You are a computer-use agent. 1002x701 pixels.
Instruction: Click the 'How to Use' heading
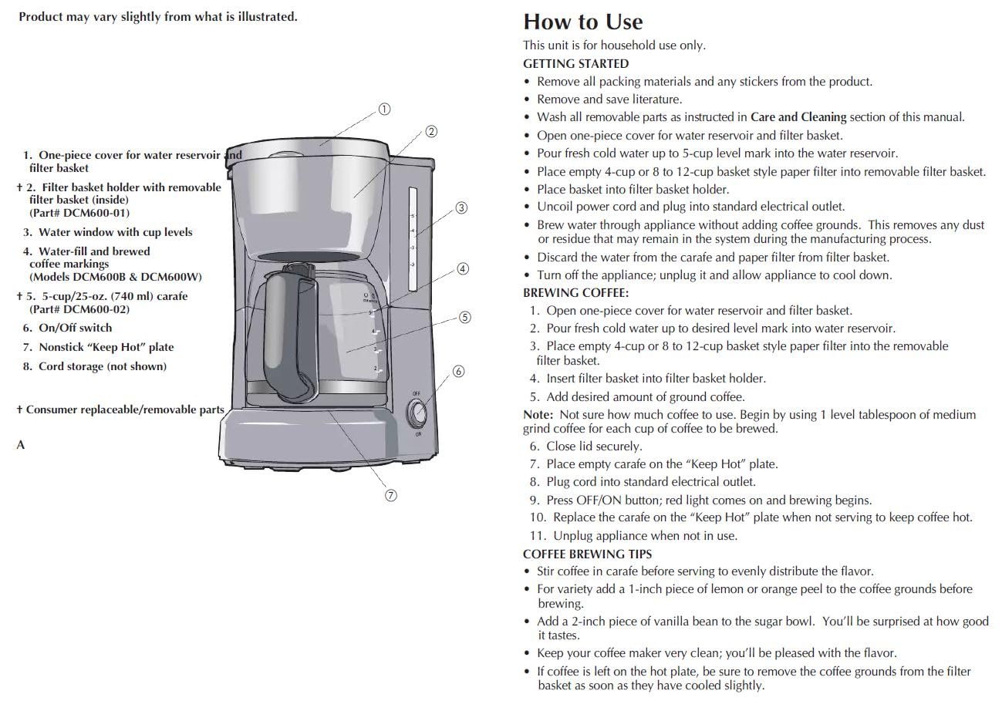(582, 22)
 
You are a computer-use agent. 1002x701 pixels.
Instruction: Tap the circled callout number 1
(383, 109)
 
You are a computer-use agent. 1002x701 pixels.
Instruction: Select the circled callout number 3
(461, 207)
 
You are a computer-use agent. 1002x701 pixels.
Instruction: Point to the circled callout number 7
(391, 495)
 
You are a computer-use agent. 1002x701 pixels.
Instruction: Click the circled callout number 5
(464, 317)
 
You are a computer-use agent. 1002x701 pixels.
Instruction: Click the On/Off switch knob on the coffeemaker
(417, 413)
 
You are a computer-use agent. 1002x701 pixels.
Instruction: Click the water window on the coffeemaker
(412, 239)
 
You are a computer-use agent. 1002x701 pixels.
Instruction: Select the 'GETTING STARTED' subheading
(575, 64)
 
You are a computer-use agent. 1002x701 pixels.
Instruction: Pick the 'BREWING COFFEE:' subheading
(575, 293)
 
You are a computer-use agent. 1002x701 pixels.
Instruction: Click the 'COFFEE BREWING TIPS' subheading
(587, 554)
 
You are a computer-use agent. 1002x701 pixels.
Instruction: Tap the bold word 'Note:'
(538, 415)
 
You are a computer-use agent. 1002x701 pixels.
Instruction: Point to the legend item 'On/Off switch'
(75, 328)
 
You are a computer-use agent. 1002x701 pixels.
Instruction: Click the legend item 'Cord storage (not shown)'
(102, 366)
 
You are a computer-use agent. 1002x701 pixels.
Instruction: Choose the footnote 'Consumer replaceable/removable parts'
(125, 409)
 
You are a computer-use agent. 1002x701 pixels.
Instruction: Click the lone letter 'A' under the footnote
(21, 445)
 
